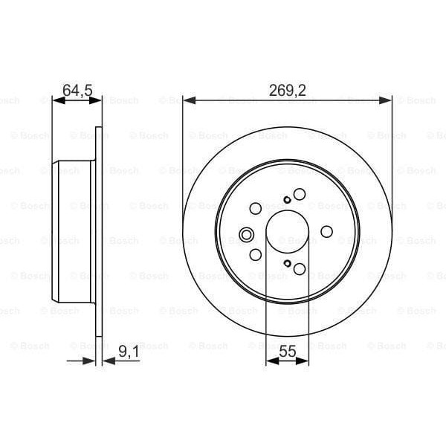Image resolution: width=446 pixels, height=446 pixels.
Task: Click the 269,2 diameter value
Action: click(x=288, y=91)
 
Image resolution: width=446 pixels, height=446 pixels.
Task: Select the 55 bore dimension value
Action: click(x=287, y=354)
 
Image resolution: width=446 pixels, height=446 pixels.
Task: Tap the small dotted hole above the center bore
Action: click(x=288, y=199)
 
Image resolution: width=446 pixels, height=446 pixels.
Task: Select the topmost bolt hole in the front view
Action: click(x=300, y=194)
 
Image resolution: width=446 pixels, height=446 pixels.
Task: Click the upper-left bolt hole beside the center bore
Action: click(x=256, y=207)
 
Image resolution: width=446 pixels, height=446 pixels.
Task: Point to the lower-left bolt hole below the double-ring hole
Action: click(x=256, y=255)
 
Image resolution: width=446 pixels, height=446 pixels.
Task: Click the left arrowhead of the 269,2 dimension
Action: click(x=187, y=99)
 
